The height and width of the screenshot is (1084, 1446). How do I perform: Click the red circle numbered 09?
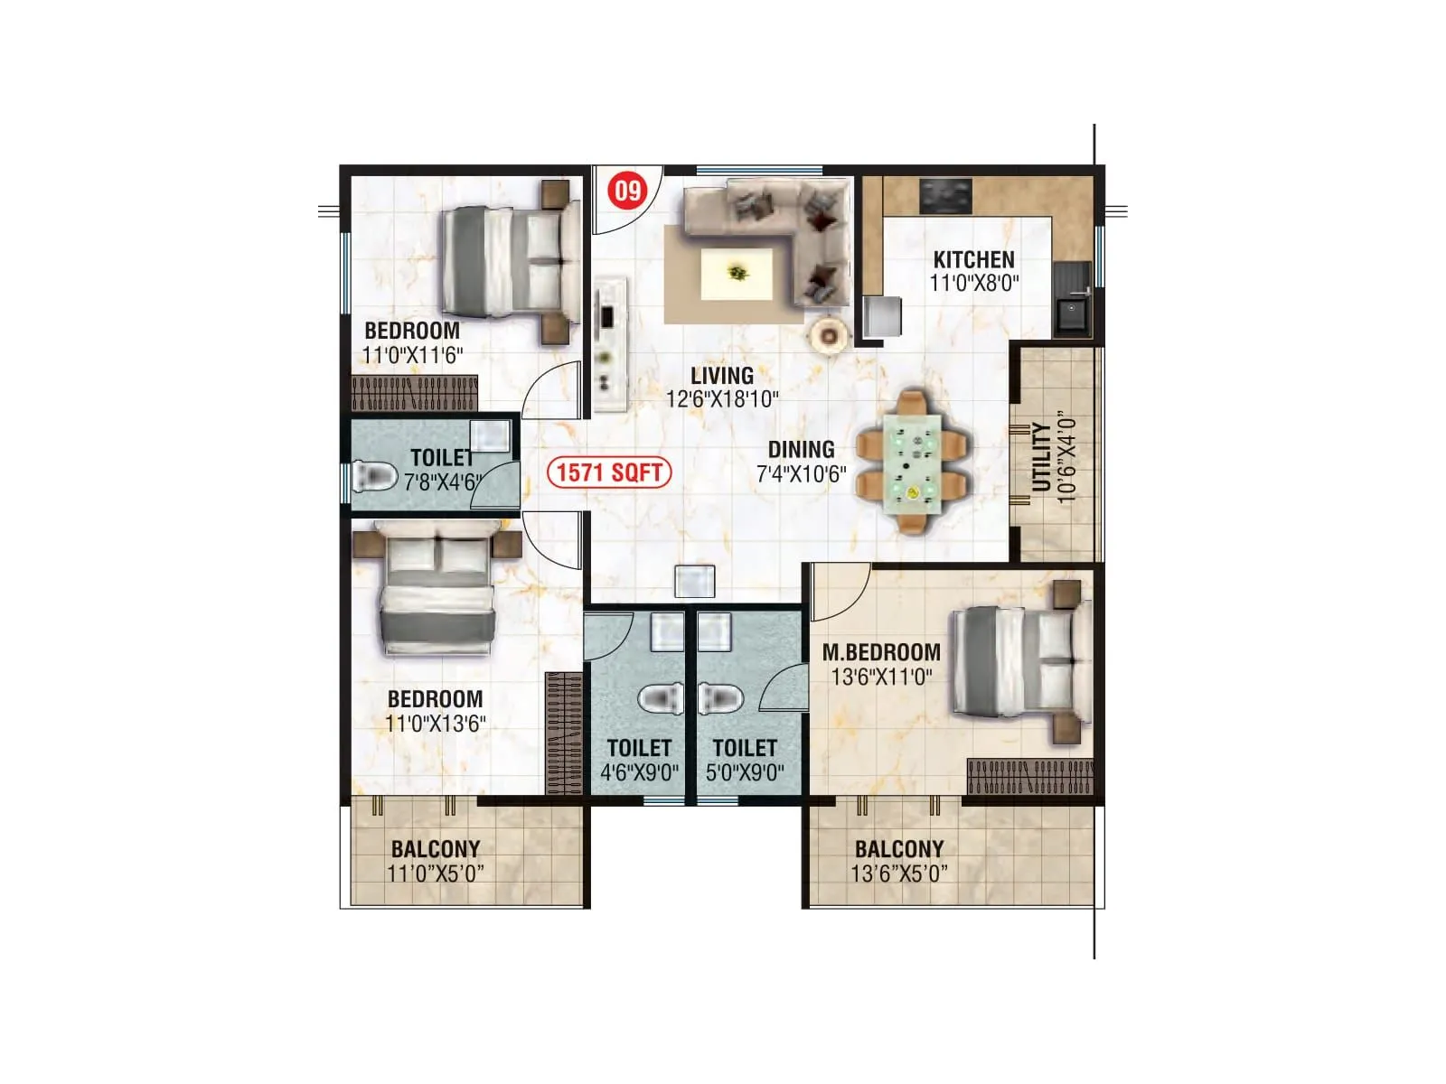click(x=628, y=191)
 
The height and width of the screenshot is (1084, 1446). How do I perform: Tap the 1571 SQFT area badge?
click(x=609, y=472)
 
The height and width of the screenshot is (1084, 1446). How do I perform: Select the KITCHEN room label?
click(x=973, y=259)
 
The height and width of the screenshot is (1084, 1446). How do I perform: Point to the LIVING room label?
click(x=722, y=376)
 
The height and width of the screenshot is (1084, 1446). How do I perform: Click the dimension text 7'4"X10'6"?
click(x=802, y=473)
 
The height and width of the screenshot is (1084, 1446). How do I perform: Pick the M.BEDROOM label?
click(x=881, y=652)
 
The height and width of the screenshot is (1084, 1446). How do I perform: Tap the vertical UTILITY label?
click(x=1042, y=457)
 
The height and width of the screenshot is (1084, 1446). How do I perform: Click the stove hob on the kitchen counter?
click(x=945, y=195)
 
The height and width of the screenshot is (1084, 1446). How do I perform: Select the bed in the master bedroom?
click(x=1018, y=662)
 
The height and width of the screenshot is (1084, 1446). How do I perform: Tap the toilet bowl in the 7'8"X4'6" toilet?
click(x=376, y=475)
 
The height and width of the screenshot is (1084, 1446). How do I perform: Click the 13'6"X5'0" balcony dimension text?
click(x=899, y=874)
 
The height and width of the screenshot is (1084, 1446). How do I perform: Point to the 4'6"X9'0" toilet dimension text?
click(x=639, y=773)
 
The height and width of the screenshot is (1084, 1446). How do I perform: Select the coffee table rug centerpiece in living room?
click(x=737, y=272)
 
